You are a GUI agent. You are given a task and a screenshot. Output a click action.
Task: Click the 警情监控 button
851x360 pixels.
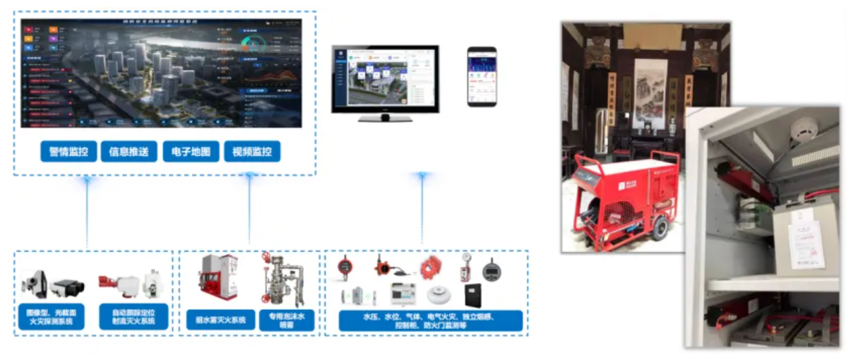click(x=69, y=151)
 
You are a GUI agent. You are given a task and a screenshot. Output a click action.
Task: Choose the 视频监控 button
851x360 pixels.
click(x=252, y=151)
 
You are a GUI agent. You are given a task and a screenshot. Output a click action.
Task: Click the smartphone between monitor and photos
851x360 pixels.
click(x=482, y=76)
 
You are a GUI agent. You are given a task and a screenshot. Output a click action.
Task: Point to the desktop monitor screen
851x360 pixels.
click(x=385, y=78)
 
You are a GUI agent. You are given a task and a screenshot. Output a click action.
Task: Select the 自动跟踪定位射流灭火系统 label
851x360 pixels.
click(x=134, y=316)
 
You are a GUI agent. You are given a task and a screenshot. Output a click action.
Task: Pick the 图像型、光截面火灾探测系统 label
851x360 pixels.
click(x=50, y=316)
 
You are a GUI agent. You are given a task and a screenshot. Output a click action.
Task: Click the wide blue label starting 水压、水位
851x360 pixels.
click(x=430, y=320)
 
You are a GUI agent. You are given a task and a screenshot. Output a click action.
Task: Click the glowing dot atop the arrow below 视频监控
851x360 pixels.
click(x=249, y=176)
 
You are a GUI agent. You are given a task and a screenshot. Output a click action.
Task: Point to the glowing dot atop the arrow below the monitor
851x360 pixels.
click(x=422, y=176)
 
